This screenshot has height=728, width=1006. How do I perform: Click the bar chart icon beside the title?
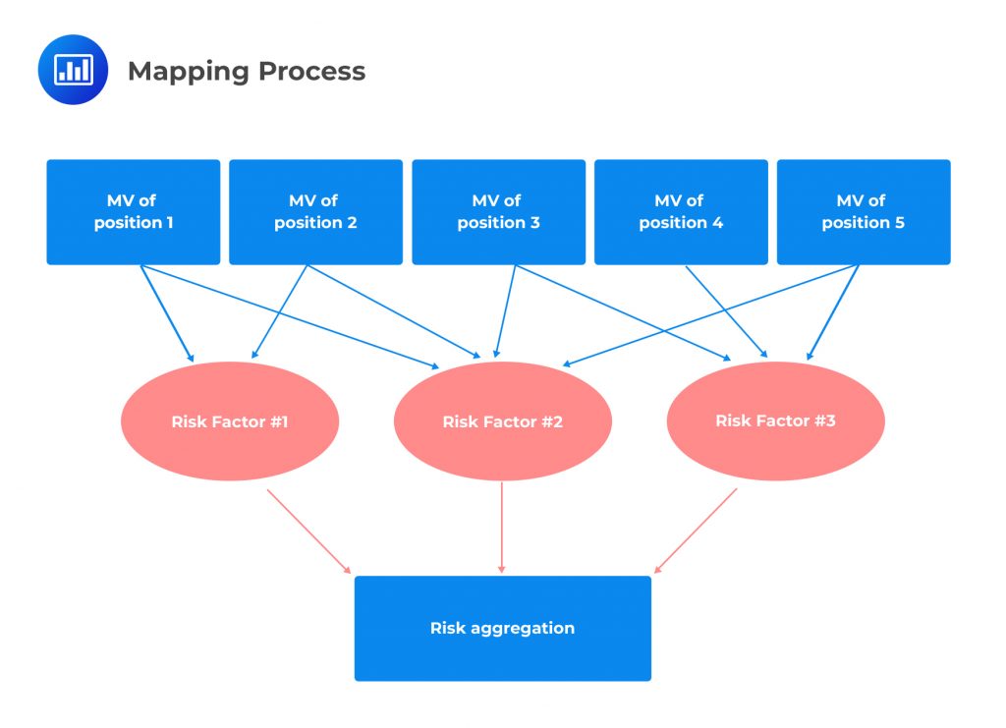point(73,70)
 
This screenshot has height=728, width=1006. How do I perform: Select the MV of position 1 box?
point(134,212)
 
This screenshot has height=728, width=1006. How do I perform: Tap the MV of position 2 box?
point(315,212)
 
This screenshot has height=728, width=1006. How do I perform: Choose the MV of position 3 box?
point(498,212)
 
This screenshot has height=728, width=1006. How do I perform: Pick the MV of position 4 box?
point(681,212)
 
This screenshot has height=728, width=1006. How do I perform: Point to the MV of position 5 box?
point(864,212)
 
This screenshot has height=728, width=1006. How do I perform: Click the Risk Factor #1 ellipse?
point(230,421)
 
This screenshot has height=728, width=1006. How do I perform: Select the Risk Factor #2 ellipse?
point(502,421)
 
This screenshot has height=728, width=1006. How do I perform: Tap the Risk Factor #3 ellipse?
point(775,420)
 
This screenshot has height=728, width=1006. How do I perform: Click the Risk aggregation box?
point(502,628)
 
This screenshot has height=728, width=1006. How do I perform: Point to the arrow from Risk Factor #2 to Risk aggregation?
point(502,527)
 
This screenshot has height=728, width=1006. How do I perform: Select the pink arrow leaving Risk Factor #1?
point(308,531)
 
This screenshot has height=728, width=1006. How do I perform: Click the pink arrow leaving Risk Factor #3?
point(696,531)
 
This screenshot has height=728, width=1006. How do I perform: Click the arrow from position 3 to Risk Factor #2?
point(506,310)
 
